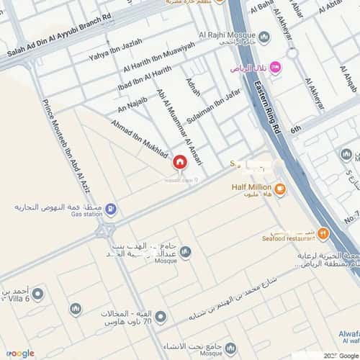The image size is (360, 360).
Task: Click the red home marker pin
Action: point(179,163)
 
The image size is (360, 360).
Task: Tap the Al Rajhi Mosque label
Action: point(232,37)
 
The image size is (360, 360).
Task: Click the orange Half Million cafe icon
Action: point(279,189)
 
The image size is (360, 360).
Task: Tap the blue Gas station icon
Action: point(110,210)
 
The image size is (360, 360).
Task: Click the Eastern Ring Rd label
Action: point(266,108)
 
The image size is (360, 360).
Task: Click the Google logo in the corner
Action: point(20,353)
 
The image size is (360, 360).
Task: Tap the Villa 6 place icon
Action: point(37,294)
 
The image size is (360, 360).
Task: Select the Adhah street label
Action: point(193,89)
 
